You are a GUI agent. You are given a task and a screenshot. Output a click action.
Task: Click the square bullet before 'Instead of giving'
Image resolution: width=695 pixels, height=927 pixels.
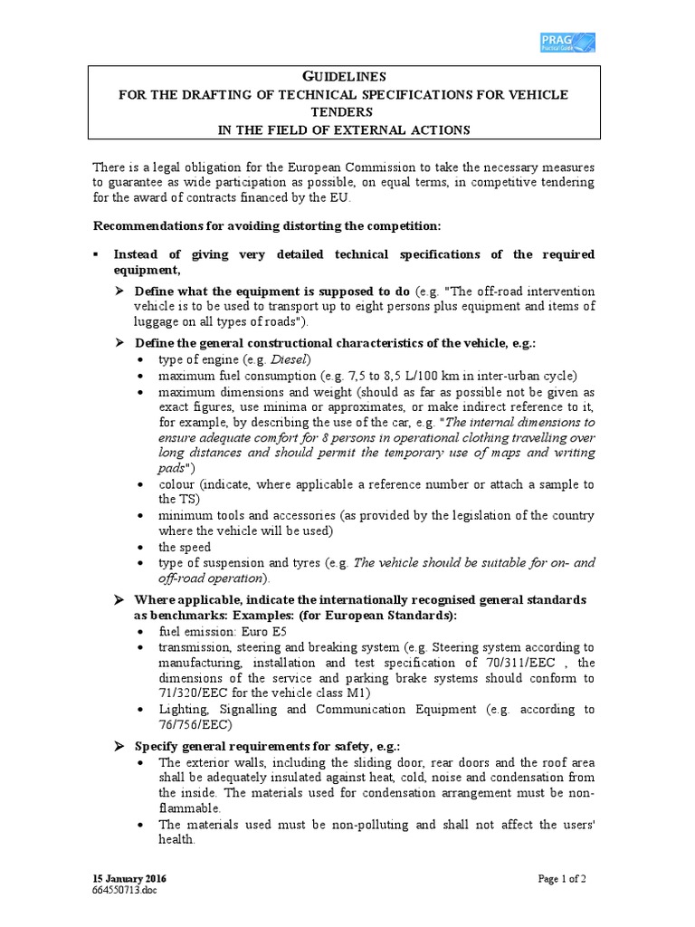coord(96,254)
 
